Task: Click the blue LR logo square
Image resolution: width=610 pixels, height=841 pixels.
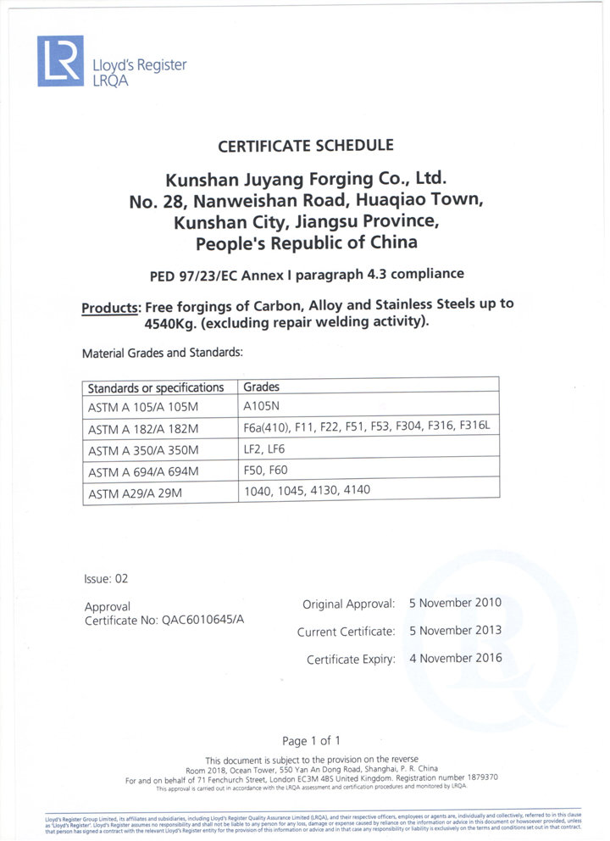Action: click(60, 61)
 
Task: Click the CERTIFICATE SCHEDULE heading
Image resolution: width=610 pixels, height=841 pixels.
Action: click(305, 146)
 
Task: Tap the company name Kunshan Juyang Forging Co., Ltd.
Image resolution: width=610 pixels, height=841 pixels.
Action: click(305, 180)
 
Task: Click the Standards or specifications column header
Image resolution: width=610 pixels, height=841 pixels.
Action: click(156, 387)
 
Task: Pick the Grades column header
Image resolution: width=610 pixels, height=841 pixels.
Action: click(261, 387)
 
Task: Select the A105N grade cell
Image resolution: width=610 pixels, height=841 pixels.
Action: click(263, 406)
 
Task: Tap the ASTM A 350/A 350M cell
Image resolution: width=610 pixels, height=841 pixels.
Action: click(143, 449)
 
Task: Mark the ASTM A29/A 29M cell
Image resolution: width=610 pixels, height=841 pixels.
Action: click(136, 493)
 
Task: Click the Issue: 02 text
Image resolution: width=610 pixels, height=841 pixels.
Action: click(106, 579)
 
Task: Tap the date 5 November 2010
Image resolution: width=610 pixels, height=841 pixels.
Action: click(455, 603)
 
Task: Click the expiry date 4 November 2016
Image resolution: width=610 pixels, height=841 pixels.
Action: click(455, 657)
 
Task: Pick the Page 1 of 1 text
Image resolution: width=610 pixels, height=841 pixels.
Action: click(311, 740)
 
